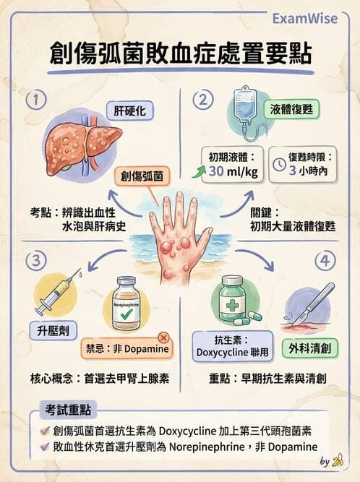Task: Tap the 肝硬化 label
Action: coord(129,111)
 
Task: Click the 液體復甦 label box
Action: coord(302,111)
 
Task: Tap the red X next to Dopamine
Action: coord(163,337)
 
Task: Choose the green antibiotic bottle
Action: coord(233,300)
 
